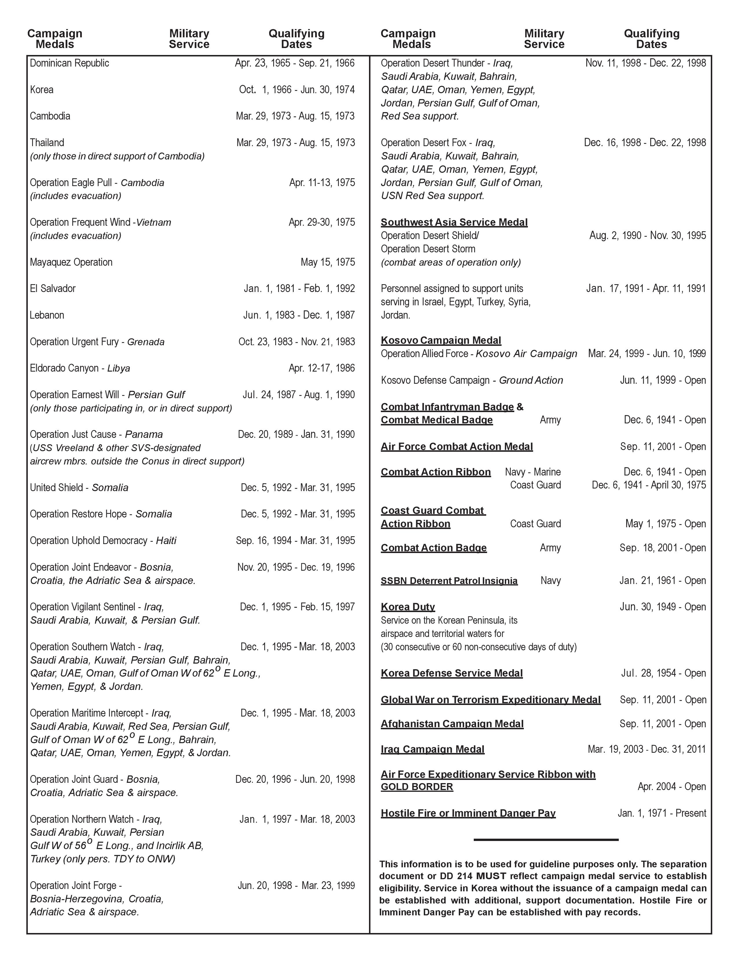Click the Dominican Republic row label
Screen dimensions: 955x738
[69, 63]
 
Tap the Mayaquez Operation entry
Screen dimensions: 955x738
[71, 262]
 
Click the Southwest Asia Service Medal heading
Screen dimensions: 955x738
[454, 223]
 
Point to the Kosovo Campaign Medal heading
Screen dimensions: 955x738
[441, 341]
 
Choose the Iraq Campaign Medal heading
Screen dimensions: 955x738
[432, 750]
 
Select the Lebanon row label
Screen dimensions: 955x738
[47, 315]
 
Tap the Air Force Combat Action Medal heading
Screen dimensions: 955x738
[456, 447]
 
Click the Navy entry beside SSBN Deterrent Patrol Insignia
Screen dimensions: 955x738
[550, 581]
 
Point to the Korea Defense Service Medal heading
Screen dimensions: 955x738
[452, 673]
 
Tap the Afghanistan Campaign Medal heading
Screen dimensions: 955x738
[452, 724]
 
